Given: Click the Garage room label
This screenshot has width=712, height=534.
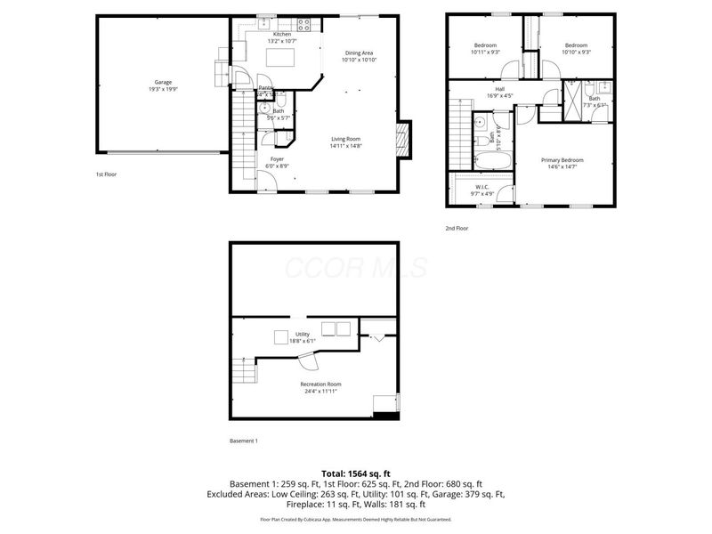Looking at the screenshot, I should [161, 82].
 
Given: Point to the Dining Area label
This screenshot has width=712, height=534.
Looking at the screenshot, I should [360, 53].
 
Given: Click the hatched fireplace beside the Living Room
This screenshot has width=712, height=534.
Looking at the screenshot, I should [401, 140].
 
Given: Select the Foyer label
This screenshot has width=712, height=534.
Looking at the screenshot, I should [277, 158].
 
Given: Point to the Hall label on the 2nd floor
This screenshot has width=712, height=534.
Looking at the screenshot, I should [502, 90].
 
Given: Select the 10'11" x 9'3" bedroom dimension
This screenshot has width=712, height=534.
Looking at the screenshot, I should [485, 53].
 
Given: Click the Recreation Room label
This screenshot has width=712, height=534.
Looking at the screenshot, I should [321, 384].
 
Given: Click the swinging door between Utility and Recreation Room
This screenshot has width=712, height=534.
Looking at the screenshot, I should [308, 360].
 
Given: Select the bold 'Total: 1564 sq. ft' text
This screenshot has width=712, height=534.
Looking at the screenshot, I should [356, 473].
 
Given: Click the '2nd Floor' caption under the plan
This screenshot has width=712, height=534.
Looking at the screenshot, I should [457, 228].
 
